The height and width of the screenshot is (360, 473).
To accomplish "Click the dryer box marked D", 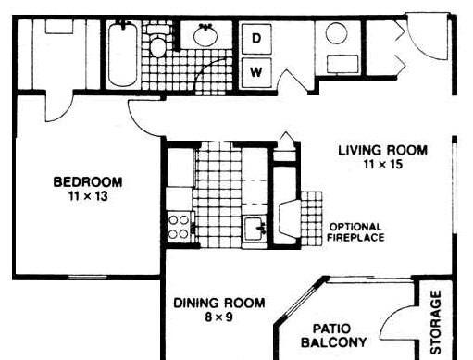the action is pos(256,39).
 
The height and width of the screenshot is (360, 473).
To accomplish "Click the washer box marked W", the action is pos(256,73).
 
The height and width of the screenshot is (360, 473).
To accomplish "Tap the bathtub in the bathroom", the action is pos(123,55).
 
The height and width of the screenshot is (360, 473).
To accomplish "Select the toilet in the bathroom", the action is pos(158,43).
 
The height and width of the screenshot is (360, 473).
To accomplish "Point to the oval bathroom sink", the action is pos(205,35).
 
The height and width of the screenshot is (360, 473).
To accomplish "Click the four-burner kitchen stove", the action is pos(179,228).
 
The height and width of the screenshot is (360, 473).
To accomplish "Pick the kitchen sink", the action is pos(255,229).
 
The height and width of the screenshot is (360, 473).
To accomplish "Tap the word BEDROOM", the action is pos(88,182).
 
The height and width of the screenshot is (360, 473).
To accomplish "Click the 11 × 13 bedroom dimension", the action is pos(88,196).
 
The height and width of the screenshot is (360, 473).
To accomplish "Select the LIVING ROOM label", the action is pos(383,151).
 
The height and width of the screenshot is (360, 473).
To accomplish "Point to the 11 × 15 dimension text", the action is pos(383,164).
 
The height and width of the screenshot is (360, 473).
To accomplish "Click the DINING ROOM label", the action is pos(219,303).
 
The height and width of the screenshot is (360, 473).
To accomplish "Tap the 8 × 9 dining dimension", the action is pos(218,317).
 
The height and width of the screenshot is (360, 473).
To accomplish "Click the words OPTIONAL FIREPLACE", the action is pos(355,232).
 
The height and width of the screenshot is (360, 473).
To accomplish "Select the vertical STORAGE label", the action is pos(436,322).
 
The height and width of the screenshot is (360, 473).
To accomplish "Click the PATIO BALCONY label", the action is pos(334,335).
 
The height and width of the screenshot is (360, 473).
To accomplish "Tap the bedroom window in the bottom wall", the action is pos(88,278).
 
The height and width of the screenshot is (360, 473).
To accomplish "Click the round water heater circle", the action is pos(337,33).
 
